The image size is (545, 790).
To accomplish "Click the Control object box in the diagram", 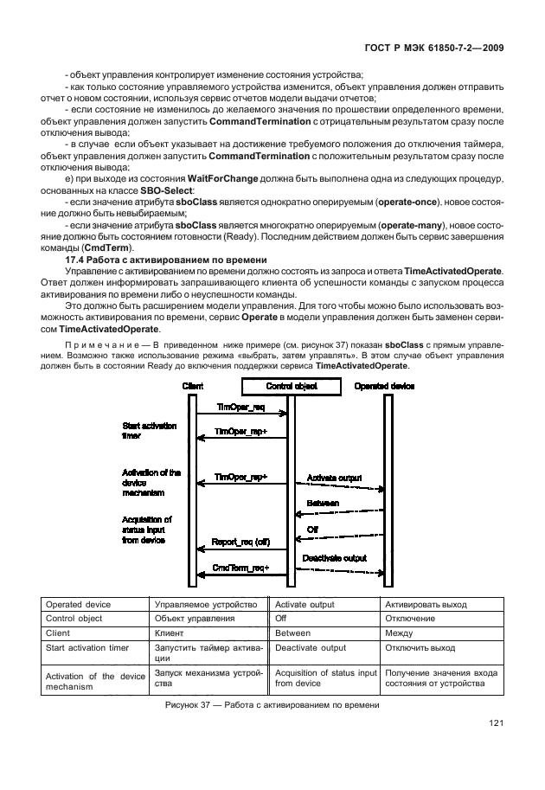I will [x=291, y=386].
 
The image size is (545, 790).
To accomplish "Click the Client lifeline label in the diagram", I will [x=193, y=386].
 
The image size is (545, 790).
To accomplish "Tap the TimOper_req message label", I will [x=240, y=406].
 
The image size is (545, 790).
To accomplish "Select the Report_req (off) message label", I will [x=241, y=542].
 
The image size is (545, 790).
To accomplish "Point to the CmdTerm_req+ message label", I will [x=241, y=568].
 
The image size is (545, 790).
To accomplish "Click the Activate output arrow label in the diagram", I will [x=334, y=478].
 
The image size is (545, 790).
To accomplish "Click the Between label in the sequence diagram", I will [x=323, y=503].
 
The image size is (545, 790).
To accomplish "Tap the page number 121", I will [x=496, y=723].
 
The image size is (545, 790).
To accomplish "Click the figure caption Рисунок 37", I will [x=272, y=706].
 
